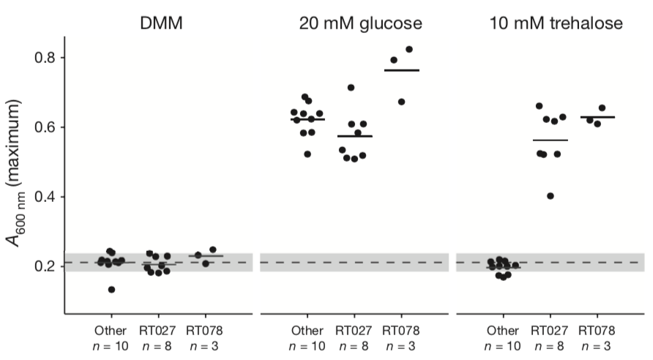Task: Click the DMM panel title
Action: (161, 23)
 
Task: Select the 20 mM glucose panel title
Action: (360, 23)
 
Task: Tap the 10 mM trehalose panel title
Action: (556, 23)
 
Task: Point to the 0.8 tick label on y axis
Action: (51, 58)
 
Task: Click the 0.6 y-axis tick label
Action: (51, 127)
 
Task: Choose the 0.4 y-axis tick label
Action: (51, 197)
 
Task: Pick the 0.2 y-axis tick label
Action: (51, 266)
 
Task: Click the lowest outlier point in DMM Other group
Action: (111, 290)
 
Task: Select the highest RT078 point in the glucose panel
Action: (409, 50)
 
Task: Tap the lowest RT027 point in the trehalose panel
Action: (551, 196)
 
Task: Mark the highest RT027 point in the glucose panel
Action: (351, 88)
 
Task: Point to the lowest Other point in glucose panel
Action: (307, 154)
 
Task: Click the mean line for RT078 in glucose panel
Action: (402, 70)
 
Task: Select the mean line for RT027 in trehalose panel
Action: (551, 140)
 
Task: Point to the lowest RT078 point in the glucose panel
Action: (401, 102)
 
